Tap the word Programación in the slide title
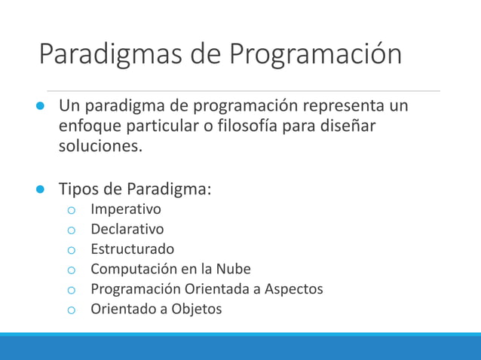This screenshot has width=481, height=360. click(x=315, y=55)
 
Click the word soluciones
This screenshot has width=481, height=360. click(x=100, y=145)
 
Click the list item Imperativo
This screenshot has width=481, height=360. click(x=125, y=209)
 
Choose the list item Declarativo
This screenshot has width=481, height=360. click(x=127, y=229)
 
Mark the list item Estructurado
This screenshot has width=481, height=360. click(x=132, y=249)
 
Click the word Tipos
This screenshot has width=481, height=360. click(x=78, y=188)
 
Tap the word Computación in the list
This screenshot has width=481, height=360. click(x=133, y=269)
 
